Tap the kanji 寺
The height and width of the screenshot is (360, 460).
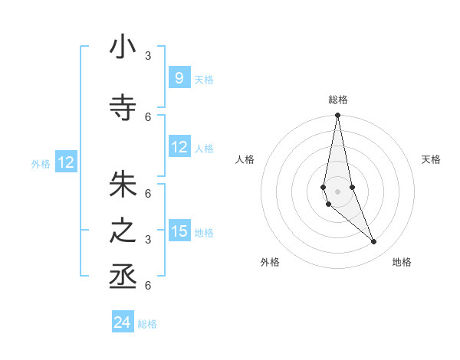coord(123,108)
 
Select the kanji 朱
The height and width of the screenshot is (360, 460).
coord(123,185)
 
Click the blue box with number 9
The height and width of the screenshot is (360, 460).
coord(179,77)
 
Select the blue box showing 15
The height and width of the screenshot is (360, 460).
coord(179,231)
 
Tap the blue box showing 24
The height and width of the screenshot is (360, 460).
coord(123,322)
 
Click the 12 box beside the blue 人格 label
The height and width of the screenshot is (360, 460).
coord(179,147)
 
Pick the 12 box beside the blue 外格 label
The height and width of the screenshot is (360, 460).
coord(66,162)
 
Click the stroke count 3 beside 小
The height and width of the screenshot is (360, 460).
coord(148,55)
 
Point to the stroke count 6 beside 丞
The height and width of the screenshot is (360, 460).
coord(148,286)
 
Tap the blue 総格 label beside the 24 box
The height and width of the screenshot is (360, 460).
coord(147,324)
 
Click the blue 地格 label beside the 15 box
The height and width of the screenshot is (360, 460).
coord(204,232)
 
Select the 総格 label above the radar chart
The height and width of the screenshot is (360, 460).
coord(337,100)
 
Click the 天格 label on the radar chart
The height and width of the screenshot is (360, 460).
coord(431,159)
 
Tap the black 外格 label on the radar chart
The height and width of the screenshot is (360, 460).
coord(270,262)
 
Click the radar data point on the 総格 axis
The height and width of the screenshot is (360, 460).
coord(337,116)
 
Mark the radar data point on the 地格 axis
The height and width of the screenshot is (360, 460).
coord(374,242)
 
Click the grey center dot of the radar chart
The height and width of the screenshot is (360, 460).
coord(337,191)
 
